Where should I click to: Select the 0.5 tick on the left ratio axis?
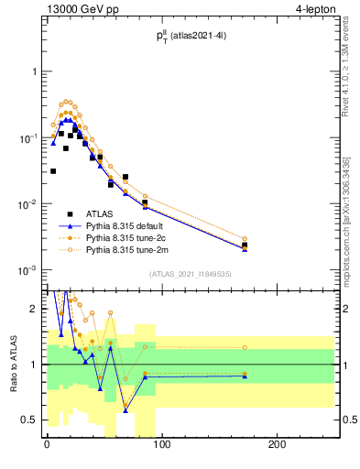pyautogui.click(x=30, y=420)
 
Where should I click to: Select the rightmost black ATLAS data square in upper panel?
pyautogui.click(x=245, y=245)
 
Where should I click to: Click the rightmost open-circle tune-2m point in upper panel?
pyautogui.click(x=245, y=238)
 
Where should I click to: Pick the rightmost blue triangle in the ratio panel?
pyautogui.click(x=245, y=376)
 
